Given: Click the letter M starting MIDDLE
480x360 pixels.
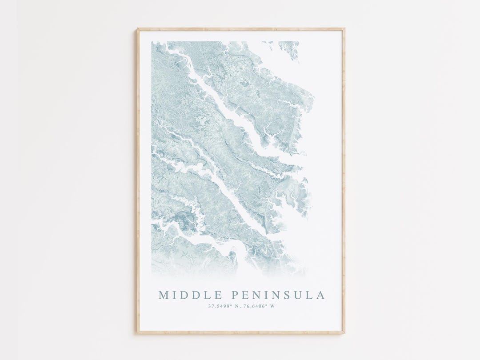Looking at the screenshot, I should (x=163, y=295).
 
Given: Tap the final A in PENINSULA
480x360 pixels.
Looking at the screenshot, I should (x=321, y=295).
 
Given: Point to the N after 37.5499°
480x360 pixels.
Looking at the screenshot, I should (x=239, y=306).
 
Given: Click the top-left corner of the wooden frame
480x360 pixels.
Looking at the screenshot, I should (x=138, y=29).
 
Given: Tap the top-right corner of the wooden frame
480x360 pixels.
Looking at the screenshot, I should (x=344, y=29).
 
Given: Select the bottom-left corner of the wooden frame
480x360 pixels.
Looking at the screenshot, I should (x=138, y=332).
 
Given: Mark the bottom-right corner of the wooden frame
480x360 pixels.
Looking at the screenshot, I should (x=344, y=332).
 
